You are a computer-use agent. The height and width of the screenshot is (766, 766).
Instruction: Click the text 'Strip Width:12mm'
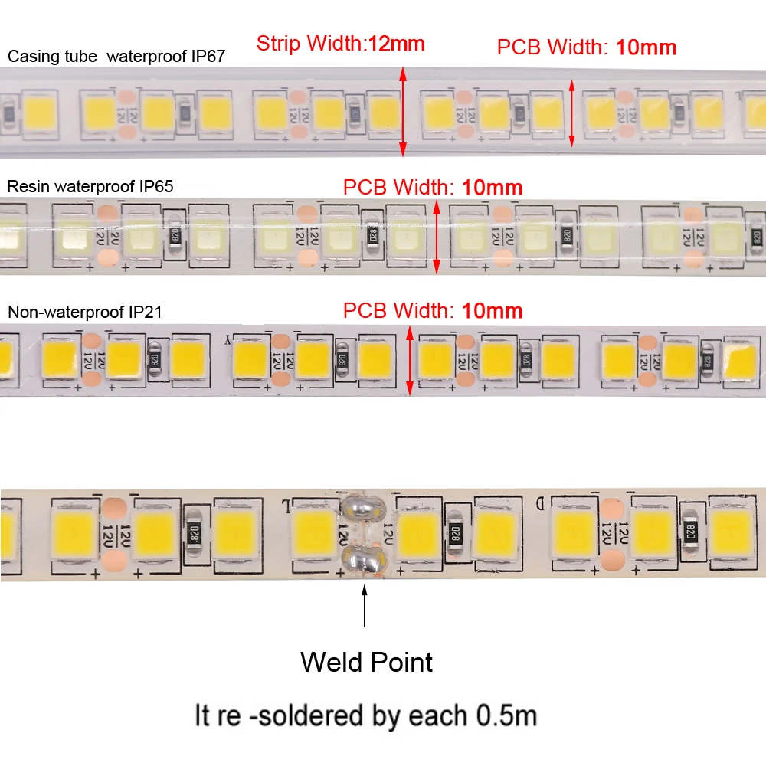(x=340, y=44)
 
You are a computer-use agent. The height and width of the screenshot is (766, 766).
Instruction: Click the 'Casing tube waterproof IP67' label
(x=116, y=56)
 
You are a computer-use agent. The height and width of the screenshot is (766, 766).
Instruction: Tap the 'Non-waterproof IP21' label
(x=84, y=312)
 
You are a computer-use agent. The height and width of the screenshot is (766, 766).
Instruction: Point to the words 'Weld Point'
(x=366, y=662)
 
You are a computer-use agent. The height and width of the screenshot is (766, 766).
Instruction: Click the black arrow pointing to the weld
(x=365, y=605)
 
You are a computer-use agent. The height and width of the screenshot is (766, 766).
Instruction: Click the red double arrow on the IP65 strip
(x=437, y=237)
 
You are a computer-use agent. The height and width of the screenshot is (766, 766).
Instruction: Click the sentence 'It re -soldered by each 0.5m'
(x=366, y=715)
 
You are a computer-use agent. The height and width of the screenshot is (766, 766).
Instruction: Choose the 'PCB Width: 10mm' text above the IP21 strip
(x=433, y=311)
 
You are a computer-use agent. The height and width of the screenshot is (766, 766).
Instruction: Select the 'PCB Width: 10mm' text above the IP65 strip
(x=433, y=187)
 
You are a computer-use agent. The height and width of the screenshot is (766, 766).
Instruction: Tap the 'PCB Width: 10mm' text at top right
(x=587, y=47)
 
